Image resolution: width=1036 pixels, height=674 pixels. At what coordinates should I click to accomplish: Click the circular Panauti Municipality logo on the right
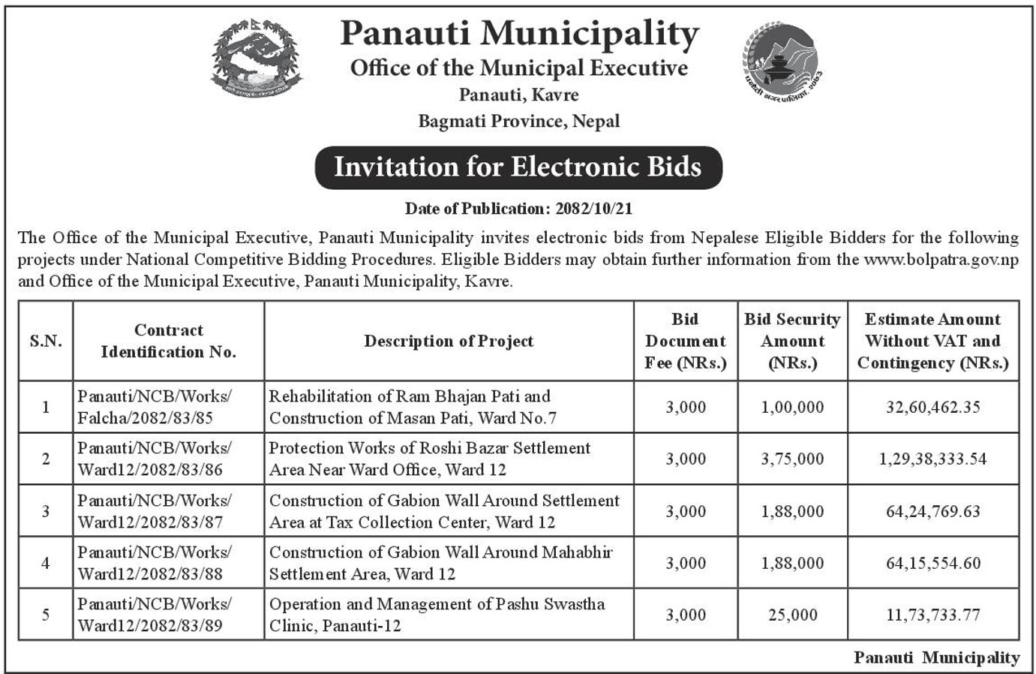(782, 61)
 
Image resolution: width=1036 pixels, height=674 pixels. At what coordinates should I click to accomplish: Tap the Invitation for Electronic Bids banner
(518, 167)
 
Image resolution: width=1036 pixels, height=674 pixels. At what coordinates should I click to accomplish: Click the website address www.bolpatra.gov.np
(941, 260)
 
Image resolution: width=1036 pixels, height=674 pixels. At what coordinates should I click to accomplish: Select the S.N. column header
(46, 341)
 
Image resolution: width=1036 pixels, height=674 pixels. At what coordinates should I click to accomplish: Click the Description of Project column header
(449, 341)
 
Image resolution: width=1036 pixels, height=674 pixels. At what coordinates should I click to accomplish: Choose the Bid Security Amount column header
(792, 341)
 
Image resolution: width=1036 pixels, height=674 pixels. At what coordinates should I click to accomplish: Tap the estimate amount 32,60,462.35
(932, 407)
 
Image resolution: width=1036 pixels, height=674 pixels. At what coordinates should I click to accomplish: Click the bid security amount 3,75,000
(792, 459)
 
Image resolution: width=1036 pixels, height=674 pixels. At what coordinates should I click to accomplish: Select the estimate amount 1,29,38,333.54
(932, 459)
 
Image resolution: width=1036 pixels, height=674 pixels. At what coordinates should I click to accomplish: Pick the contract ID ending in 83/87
(154, 511)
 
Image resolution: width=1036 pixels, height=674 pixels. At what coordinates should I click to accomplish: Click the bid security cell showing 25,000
(792, 615)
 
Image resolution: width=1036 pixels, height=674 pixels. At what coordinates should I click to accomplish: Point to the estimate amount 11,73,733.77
(932, 615)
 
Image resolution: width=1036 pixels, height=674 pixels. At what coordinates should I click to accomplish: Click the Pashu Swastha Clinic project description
(437, 615)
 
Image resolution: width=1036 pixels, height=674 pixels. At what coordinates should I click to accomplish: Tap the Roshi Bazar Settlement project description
(430, 459)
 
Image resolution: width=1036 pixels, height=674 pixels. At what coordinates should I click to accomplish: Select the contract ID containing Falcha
(154, 407)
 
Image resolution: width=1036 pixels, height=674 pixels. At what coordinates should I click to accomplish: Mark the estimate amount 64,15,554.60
(932, 563)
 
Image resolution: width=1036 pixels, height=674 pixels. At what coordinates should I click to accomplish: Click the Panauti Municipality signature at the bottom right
(936, 657)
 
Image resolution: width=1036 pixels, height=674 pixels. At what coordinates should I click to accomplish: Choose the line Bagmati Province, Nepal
(518, 121)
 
